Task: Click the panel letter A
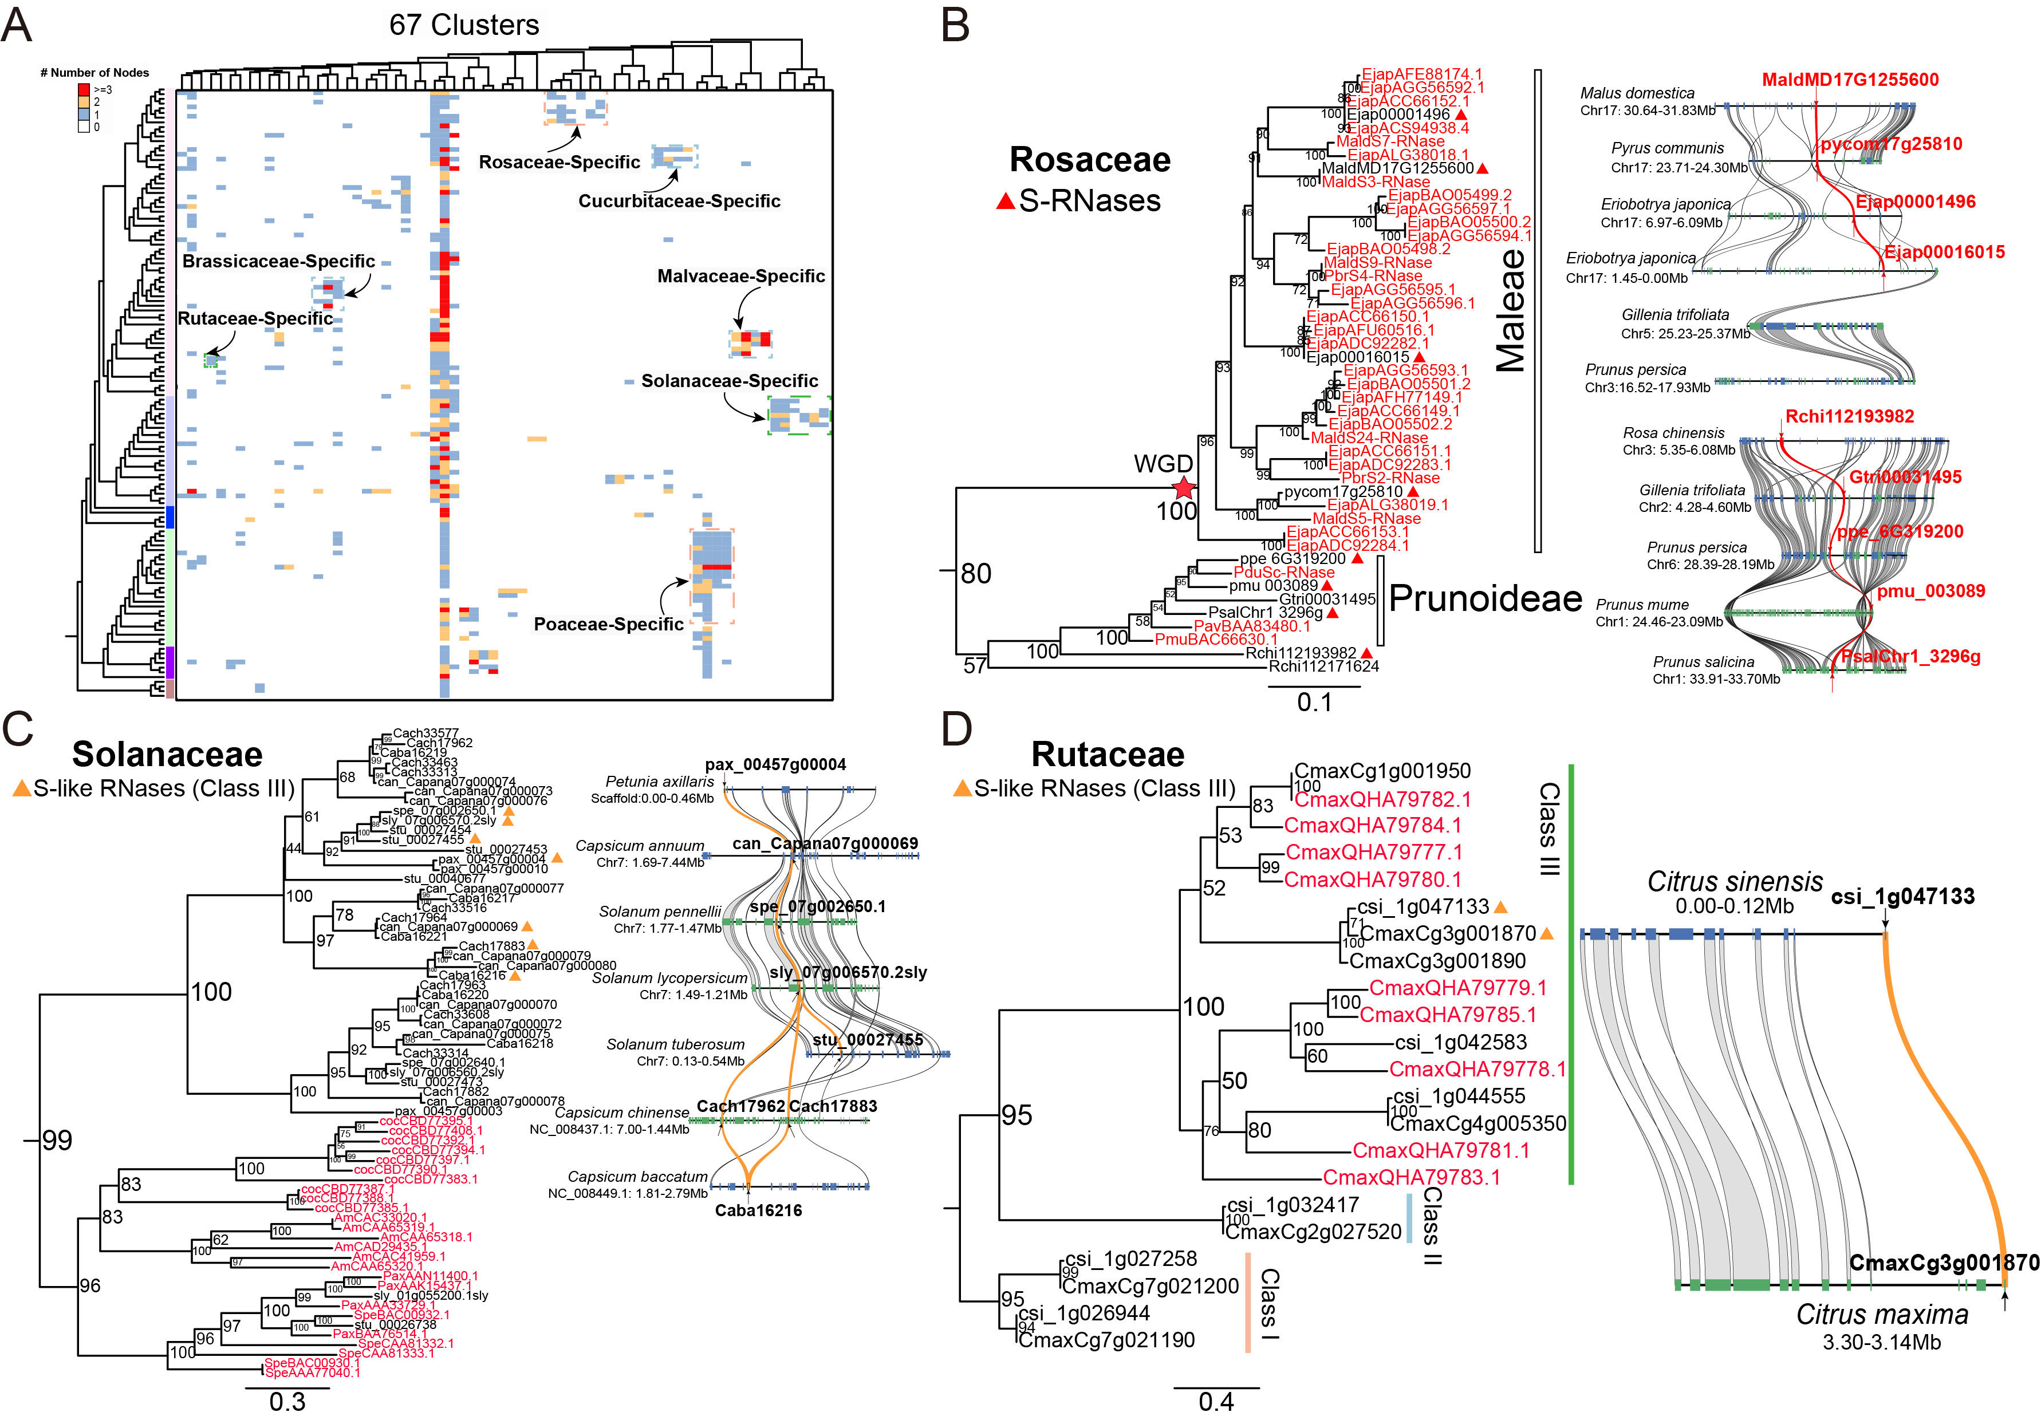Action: (x=18, y=25)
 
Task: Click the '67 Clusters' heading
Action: (x=463, y=25)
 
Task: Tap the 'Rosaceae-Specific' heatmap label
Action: (x=559, y=161)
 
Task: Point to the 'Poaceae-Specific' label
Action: (x=608, y=624)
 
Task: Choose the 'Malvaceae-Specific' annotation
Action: (x=740, y=277)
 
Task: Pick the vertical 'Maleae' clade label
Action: (x=1510, y=310)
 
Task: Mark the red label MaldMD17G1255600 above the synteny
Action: (x=1850, y=80)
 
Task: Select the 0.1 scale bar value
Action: (x=1314, y=702)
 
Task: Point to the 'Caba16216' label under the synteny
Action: (x=758, y=1210)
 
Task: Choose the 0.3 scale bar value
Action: (x=287, y=1401)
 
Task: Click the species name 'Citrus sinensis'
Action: (x=1734, y=882)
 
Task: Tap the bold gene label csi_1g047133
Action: (x=1902, y=897)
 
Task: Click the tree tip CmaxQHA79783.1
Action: (x=1410, y=1177)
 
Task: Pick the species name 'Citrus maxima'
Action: (x=1881, y=1314)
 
